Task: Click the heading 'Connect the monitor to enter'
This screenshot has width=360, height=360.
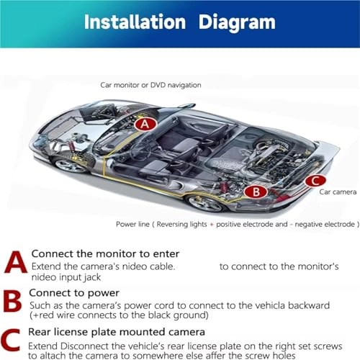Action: click(x=105, y=253)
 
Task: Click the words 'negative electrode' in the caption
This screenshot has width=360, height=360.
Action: click(x=320, y=224)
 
